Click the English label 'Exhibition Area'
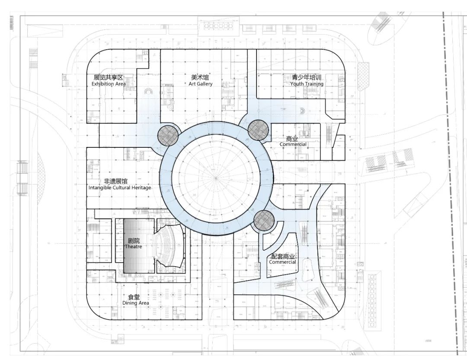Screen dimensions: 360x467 [x=109, y=84]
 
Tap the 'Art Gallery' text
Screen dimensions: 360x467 [x=200, y=84]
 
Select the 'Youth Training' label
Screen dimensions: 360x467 [x=307, y=84]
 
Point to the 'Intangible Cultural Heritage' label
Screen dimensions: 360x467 [x=120, y=188]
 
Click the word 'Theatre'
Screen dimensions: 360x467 [x=133, y=247]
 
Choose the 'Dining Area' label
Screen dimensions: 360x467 [x=136, y=303]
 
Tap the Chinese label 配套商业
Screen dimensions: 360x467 [x=282, y=256]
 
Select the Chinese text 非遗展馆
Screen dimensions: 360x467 [x=115, y=182]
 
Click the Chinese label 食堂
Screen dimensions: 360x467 [x=134, y=297]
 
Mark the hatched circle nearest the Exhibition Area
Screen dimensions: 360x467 [x=168, y=135]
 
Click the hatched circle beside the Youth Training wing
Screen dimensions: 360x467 [x=259, y=130]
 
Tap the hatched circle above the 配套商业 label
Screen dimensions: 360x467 [x=264, y=221]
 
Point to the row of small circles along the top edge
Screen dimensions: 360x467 [x=218, y=26]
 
